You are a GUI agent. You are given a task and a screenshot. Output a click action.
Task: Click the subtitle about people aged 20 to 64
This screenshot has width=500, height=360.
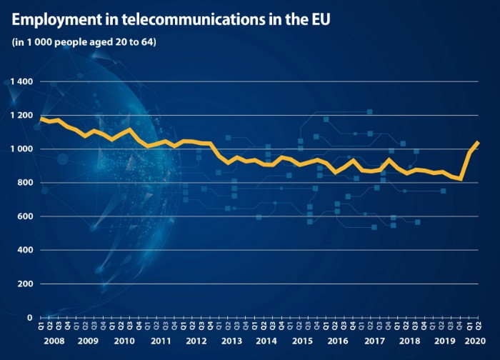(84, 41)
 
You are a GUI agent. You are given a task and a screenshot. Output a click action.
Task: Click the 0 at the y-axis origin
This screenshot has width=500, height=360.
(29, 317)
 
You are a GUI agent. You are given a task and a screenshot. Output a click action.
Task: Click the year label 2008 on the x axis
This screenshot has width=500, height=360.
(54, 341)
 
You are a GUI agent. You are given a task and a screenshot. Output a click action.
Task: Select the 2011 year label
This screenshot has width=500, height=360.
(161, 341)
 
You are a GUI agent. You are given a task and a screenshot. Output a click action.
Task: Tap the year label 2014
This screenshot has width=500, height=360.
(266, 341)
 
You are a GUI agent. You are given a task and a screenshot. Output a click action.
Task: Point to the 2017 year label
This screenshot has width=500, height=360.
(373, 341)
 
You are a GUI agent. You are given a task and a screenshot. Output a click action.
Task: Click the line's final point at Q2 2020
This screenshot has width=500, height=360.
(478, 142)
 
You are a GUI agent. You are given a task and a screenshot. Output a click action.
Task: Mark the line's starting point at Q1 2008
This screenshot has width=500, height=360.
(41, 118)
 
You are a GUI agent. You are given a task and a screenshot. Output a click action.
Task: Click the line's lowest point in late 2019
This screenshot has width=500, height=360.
(461, 179)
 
